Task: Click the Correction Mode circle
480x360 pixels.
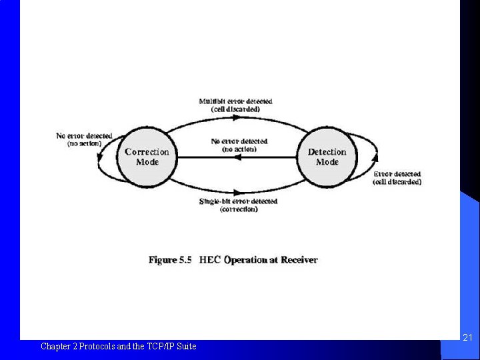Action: tap(147, 157)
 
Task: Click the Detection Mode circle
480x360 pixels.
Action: tap(327, 157)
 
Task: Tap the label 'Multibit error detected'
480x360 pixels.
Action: tap(235, 101)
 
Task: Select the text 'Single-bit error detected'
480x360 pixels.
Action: tap(238, 201)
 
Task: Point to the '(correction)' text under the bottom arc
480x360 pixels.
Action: tap(238, 209)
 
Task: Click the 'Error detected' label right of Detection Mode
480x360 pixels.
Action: tap(397, 174)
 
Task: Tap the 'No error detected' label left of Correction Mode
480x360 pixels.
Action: tap(84, 136)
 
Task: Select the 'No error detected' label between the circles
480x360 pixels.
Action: tap(239, 141)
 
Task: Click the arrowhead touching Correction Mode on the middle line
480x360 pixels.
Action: tap(181, 157)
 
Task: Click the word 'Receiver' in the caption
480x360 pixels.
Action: tap(299, 260)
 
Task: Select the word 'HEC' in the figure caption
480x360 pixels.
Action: tap(210, 260)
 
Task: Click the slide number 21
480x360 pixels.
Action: tap(467, 339)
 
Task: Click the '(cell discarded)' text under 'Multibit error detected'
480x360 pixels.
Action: tap(235, 109)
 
